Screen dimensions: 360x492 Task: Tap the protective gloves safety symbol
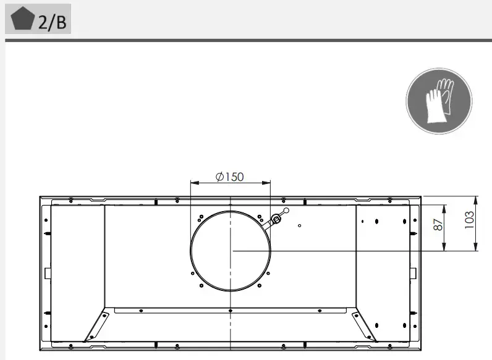point(438,101)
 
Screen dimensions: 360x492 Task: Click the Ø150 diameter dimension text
point(230,177)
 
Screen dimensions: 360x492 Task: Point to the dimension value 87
point(438,225)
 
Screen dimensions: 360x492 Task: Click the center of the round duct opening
point(231,250)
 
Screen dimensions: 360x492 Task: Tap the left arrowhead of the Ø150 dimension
point(193,183)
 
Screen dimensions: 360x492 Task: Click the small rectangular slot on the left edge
point(47,273)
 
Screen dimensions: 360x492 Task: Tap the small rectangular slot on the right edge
point(413,273)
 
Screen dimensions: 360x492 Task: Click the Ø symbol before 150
point(219,177)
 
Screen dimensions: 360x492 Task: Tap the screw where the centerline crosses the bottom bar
point(231,310)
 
